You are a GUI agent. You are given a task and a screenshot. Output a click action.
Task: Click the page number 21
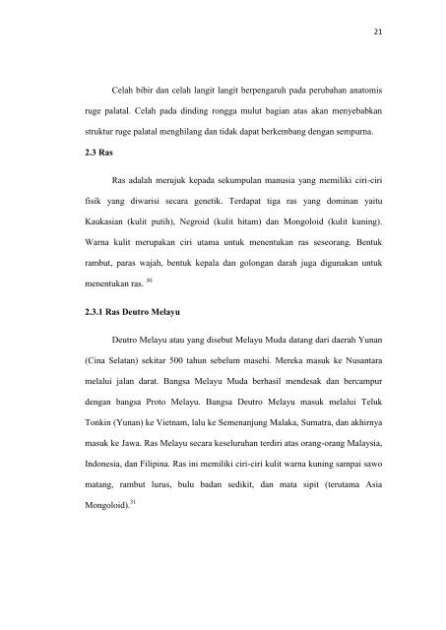click(x=406, y=30)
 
